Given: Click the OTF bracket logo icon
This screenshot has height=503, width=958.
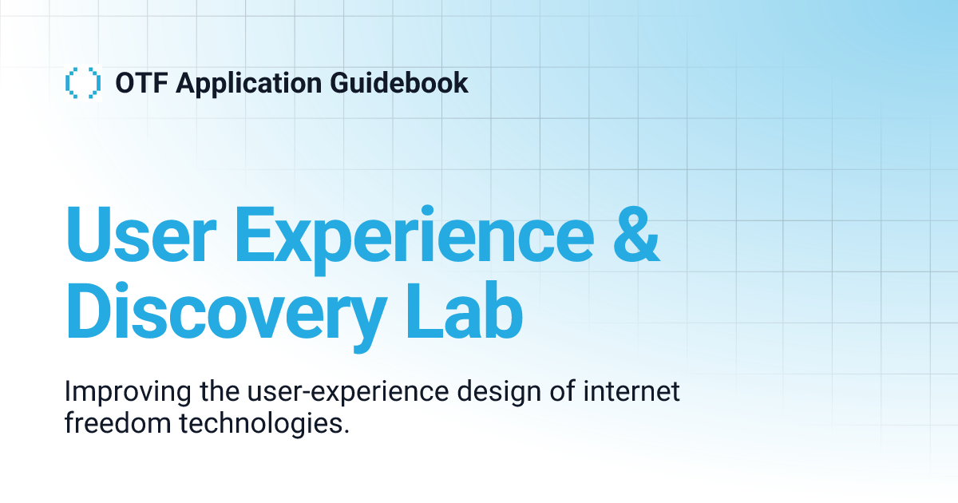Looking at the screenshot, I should pyautogui.click(x=83, y=83).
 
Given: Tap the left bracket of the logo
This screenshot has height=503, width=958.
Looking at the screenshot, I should pyautogui.click(x=69, y=83).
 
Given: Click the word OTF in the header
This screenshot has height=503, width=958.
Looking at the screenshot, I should pyautogui.click(x=141, y=83).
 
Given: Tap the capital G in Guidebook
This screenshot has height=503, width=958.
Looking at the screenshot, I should pyautogui.click(x=357, y=83).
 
